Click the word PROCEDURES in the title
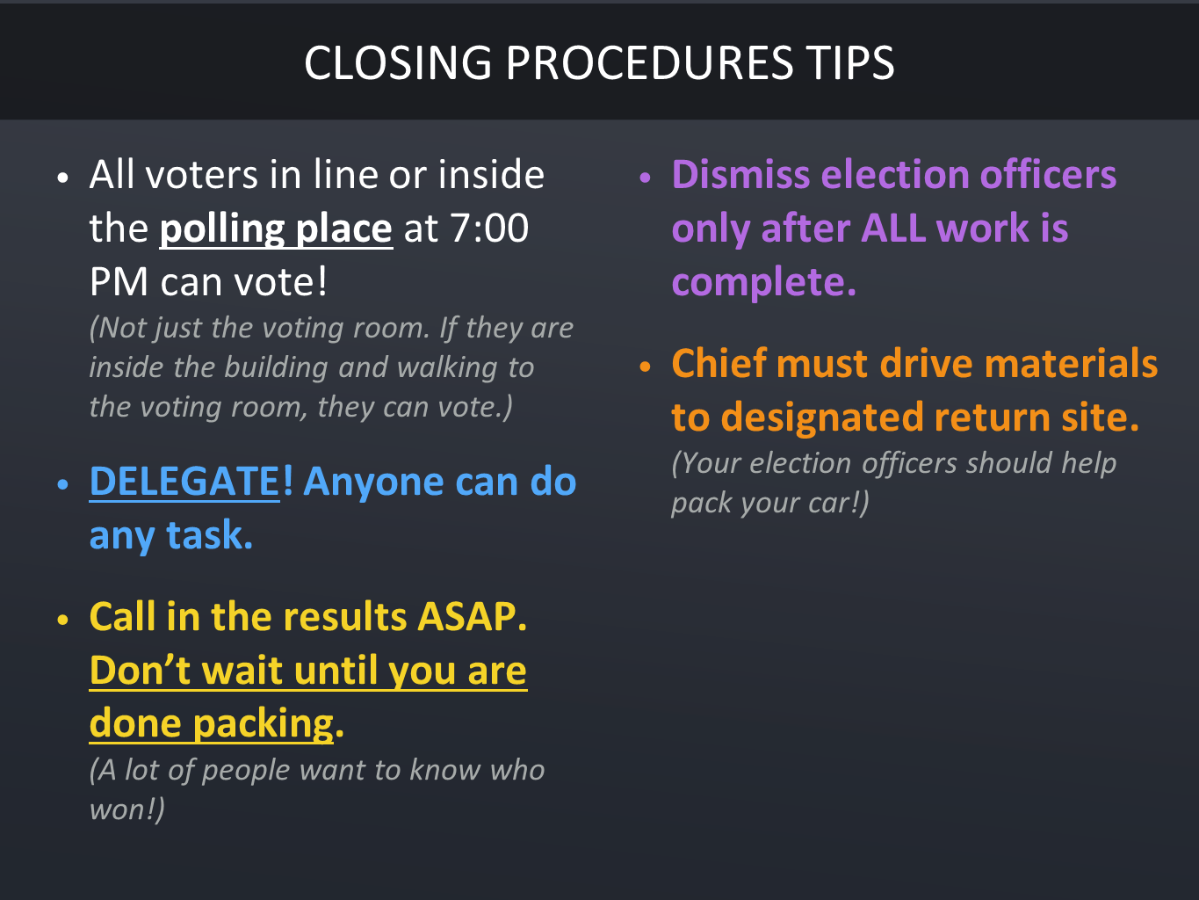coord(649,62)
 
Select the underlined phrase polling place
coord(276,229)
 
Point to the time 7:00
coord(489,228)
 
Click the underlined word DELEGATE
coord(184,482)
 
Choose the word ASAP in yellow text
coord(472,616)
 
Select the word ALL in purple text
coord(892,228)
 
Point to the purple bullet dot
coord(645,178)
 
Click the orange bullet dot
coord(645,367)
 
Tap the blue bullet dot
coord(63,484)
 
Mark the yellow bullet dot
coord(63,620)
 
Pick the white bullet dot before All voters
coord(63,178)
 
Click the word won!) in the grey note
coord(126,809)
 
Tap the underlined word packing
coord(264,724)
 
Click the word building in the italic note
coord(276,367)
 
